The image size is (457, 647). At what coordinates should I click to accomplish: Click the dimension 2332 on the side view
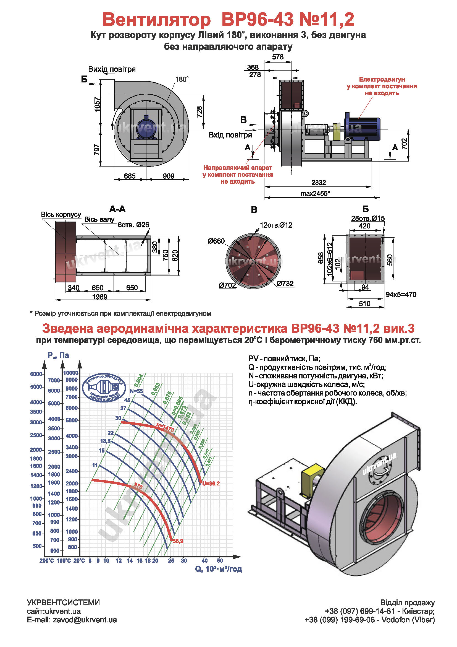[x=318, y=183]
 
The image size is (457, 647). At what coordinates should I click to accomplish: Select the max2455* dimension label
[x=315, y=193]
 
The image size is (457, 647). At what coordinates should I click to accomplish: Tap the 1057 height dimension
[x=97, y=104]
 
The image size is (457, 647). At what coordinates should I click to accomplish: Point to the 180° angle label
[x=182, y=79]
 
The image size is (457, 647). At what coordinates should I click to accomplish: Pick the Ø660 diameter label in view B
[x=216, y=241]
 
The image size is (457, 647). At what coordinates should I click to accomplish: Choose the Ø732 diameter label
[x=285, y=283]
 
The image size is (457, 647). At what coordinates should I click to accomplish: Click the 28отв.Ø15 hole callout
[x=368, y=219]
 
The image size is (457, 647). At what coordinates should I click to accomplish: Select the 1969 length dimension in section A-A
[x=100, y=297]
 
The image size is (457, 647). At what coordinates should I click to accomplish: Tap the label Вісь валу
[x=99, y=220]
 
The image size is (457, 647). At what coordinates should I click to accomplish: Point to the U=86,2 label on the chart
[x=211, y=484]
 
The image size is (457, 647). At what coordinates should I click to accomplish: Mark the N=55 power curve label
[x=136, y=391]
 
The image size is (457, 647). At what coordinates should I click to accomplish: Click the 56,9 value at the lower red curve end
[x=178, y=541]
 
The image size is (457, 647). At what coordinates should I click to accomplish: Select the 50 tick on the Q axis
[x=220, y=560]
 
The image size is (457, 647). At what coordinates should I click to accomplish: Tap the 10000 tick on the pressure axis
[x=70, y=373]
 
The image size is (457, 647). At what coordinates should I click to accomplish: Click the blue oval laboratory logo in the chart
[x=104, y=388]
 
